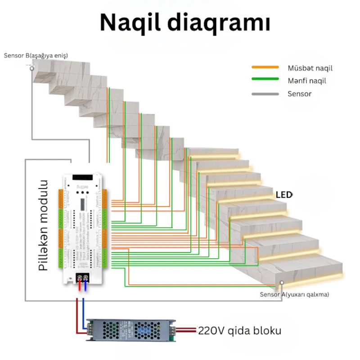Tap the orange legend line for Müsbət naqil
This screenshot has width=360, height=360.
coord(265,67)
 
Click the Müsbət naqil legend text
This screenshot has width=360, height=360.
coord(310,68)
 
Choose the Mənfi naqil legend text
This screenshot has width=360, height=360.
coord(307,81)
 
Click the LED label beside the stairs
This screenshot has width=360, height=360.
coord(284,195)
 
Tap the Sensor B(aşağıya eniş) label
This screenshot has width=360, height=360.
coord(36,55)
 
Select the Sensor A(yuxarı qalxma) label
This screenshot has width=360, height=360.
coord(294,295)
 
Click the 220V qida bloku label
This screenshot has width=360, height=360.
coord(240,331)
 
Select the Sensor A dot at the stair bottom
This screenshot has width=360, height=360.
coord(281,283)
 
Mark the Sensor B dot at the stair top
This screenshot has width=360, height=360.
coord(31,68)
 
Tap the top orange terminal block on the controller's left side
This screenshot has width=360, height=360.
coord(61,197)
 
